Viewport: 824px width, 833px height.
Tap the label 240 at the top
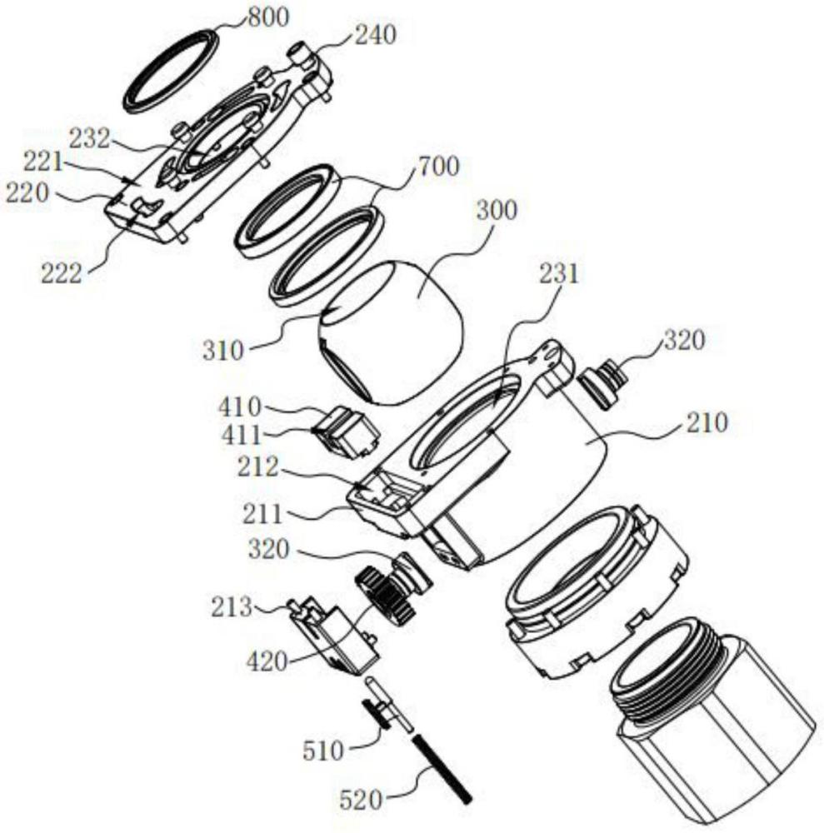pos(375,35)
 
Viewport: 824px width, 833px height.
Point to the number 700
pos(438,167)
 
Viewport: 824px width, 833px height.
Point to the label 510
pos(325,751)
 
